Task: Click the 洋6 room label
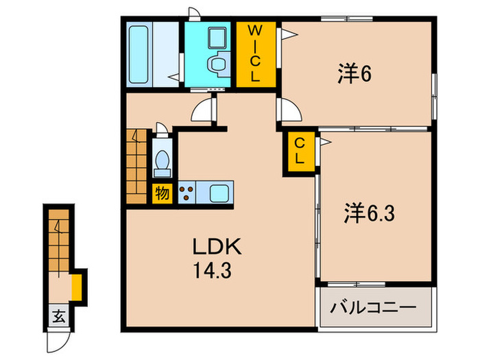(x=354, y=74)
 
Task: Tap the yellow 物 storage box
(x=162, y=193)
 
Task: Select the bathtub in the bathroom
(x=139, y=54)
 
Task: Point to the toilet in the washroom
(x=218, y=66)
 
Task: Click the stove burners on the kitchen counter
(x=186, y=191)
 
